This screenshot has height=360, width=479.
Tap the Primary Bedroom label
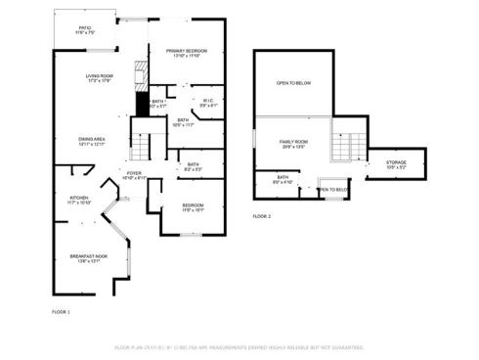coord(186,53)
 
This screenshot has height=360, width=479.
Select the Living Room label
coord(100,78)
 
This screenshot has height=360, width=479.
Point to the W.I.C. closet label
coord(208,102)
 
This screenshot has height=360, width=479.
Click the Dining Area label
coord(93,141)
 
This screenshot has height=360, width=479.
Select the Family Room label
coord(293,144)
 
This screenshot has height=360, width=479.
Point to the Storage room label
coord(396,163)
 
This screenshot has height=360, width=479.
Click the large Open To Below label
coord(293,84)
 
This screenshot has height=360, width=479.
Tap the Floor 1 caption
coord(61,311)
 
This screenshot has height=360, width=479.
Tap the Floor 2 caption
coord(262,215)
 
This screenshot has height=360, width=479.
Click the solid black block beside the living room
coord(142,103)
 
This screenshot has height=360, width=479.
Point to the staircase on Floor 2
coord(342,147)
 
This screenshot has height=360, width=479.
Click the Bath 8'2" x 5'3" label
coord(194,167)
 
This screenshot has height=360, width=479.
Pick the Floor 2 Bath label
coord(282,180)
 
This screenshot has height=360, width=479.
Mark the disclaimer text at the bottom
coord(239,347)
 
